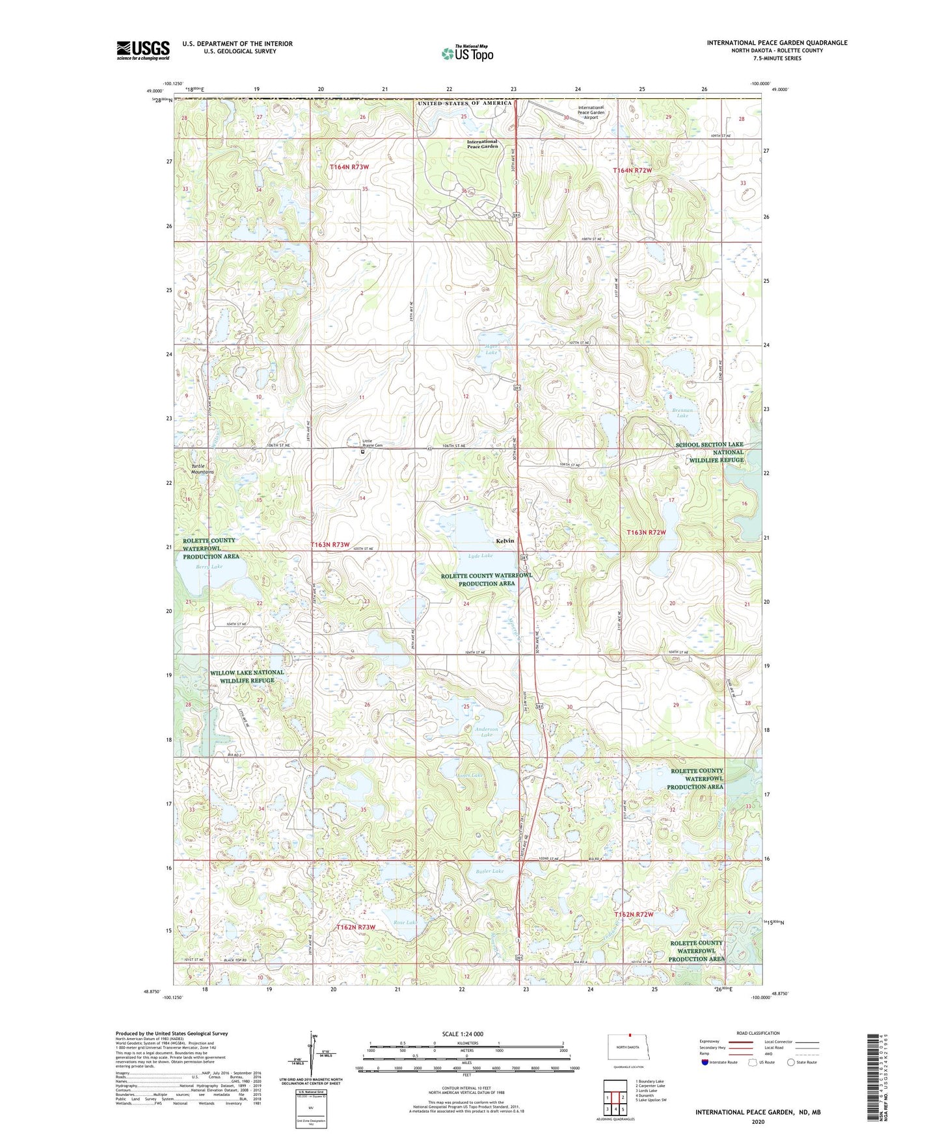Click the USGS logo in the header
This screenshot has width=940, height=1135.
[x=142, y=50]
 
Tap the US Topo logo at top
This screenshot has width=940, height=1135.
[x=467, y=53]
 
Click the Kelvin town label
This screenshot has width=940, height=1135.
[x=504, y=541]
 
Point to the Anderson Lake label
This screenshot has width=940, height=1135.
[x=486, y=732]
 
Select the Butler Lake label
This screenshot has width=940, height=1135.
[x=489, y=871]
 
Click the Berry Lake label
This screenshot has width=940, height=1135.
[x=208, y=567]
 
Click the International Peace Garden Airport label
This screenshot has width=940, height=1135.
[x=591, y=112]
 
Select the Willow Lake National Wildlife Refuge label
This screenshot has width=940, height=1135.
[x=247, y=677]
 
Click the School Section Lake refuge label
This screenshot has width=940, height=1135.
[x=709, y=452]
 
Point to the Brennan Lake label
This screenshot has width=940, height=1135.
[x=682, y=413]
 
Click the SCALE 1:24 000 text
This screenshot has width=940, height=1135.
[x=462, y=1034]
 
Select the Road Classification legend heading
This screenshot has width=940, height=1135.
[x=758, y=1033]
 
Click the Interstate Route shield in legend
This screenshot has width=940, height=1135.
[x=706, y=1062]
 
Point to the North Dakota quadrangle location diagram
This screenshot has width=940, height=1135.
[x=628, y=1048]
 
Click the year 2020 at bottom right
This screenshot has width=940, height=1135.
[x=757, y=1121]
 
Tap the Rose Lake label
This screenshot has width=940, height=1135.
[x=405, y=923]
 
